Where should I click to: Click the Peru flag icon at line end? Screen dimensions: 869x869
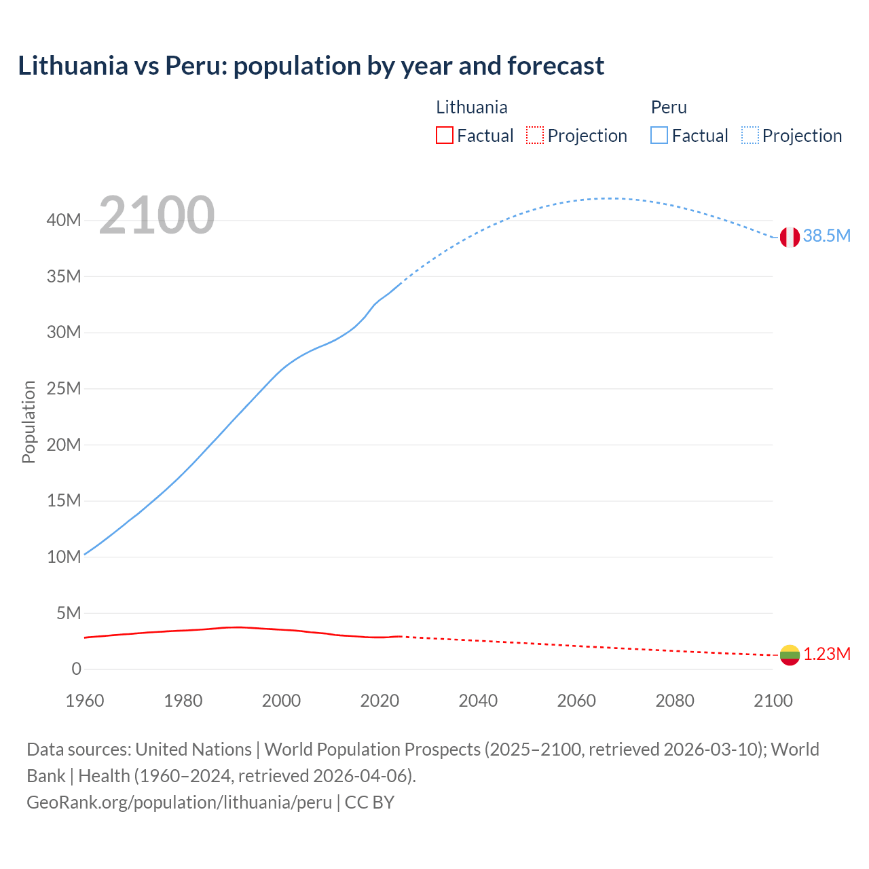point(789,237)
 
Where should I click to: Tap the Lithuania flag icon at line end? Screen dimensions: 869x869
point(790,654)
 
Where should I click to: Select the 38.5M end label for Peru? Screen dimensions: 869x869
point(826,236)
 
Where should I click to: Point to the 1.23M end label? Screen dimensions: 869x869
point(827,654)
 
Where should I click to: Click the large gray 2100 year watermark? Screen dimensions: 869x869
point(157,215)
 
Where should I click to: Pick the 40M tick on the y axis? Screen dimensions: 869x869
point(64,220)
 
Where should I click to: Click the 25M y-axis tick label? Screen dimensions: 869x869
point(64,388)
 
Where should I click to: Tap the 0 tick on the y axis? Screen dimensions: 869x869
point(76,669)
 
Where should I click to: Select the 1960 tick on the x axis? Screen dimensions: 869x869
point(85,701)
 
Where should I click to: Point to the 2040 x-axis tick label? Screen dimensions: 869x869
point(478,701)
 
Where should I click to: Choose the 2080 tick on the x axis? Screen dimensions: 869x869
point(675,701)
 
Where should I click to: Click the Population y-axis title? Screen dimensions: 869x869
point(29,422)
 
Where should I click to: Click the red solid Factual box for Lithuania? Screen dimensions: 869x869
point(444,136)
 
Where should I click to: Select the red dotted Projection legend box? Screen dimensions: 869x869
point(535,136)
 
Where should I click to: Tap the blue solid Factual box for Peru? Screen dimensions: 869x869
point(659,136)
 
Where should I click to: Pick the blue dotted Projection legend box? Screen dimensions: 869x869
point(750,136)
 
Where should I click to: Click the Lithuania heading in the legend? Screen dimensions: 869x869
point(471,107)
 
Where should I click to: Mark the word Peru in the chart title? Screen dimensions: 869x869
point(193,66)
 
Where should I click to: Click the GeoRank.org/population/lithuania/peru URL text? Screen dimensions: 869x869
point(179,802)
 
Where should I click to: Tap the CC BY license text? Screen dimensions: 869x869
point(369,802)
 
